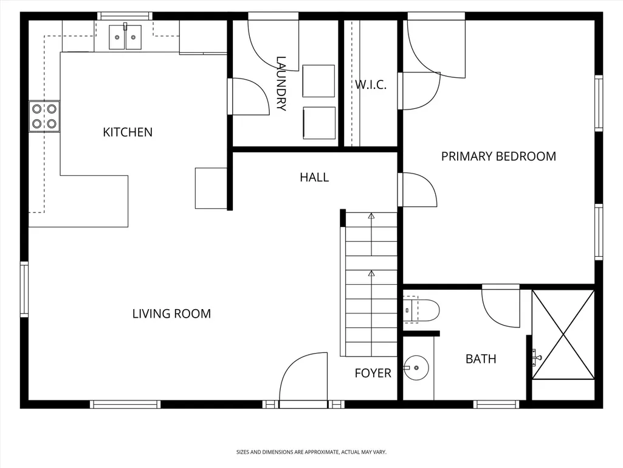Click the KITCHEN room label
[x=128, y=132]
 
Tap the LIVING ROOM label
[x=171, y=313]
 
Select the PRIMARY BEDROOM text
[x=498, y=156]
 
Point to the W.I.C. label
[x=371, y=85]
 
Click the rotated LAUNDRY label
[x=281, y=83]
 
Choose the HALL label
[x=314, y=177]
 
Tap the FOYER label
[x=373, y=373]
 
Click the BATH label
[x=481, y=359]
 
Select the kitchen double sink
[x=125, y=37]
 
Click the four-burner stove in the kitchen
[x=44, y=116]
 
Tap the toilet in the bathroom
[x=421, y=310]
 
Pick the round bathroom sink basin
[x=417, y=368]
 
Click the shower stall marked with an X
[x=563, y=334]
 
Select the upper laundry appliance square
[x=318, y=81]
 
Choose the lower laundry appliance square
[x=319, y=123]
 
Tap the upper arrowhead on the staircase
[x=371, y=216]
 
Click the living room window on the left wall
[x=24, y=289]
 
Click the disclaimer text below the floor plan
[x=311, y=452]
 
